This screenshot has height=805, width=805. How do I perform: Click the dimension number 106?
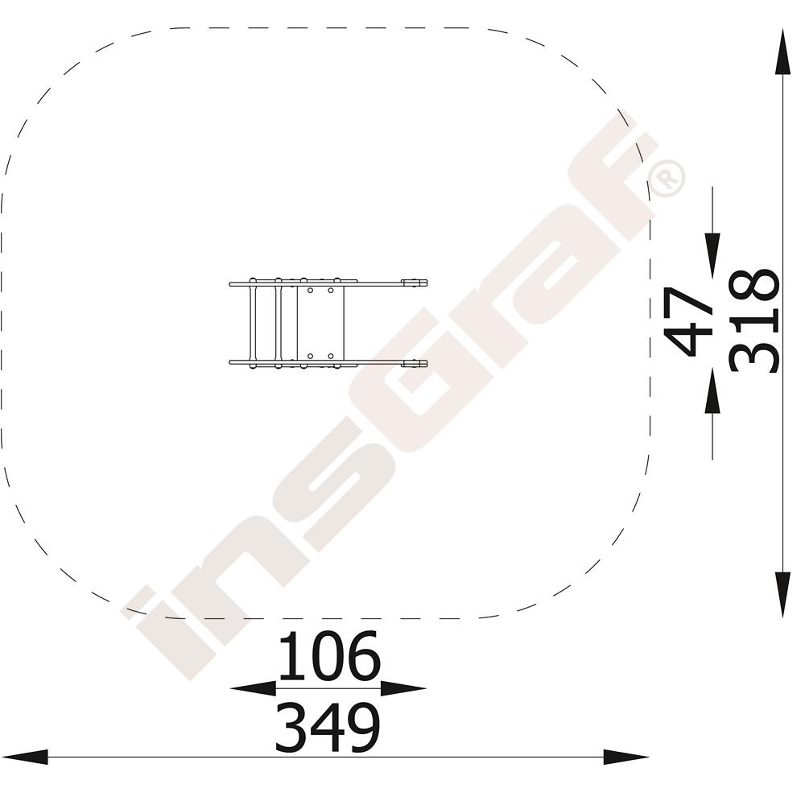pos(329,655)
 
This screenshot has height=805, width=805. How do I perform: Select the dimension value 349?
pos(328,728)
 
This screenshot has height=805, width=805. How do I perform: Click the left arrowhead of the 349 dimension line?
pos(25,758)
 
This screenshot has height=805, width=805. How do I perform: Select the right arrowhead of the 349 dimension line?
pos(626,758)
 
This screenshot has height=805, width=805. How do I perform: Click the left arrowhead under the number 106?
pos(253,688)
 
